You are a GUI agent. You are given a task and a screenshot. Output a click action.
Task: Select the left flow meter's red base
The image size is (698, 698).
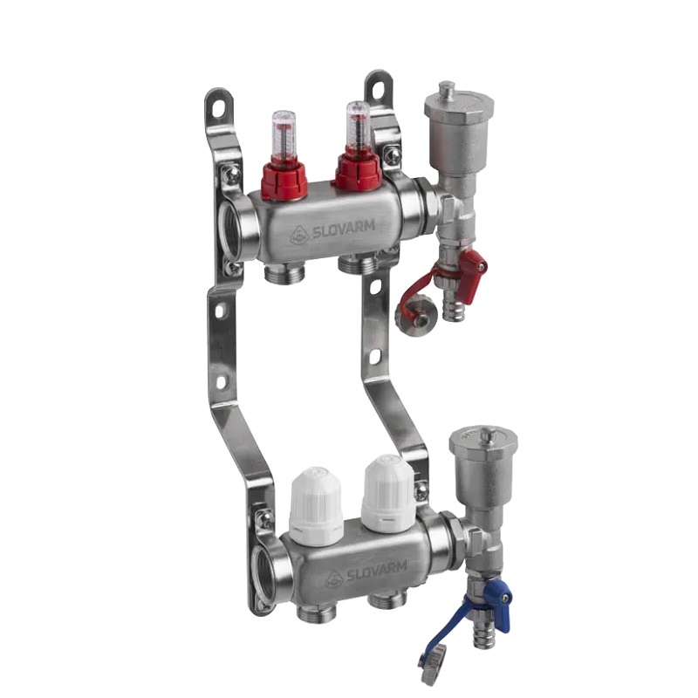[285, 176]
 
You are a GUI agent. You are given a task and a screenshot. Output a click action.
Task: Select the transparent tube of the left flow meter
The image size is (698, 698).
[283, 131]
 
